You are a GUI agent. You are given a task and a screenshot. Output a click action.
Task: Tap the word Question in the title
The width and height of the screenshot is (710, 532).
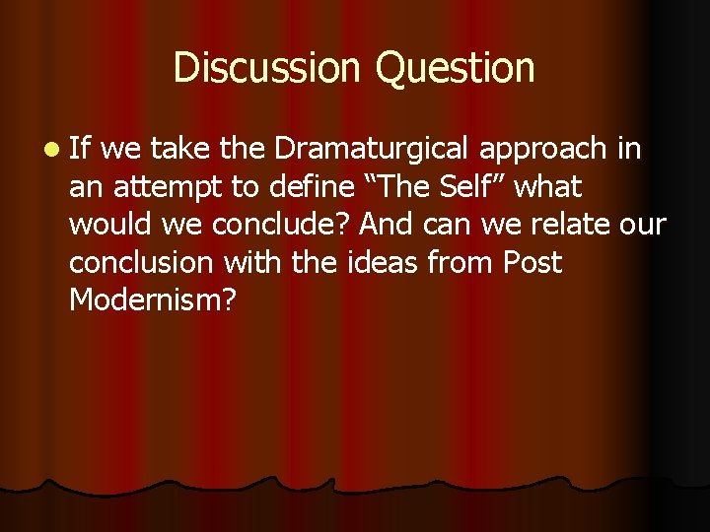(x=456, y=68)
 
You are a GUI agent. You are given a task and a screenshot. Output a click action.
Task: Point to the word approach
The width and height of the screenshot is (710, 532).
(x=544, y=149)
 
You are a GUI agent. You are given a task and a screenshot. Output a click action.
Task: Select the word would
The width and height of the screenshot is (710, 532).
(x=106, y=225)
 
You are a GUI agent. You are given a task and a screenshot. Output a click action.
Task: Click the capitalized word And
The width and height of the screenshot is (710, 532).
(x=386, y=225)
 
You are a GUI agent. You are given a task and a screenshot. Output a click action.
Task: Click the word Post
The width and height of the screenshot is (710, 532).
(x=532, y=263)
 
